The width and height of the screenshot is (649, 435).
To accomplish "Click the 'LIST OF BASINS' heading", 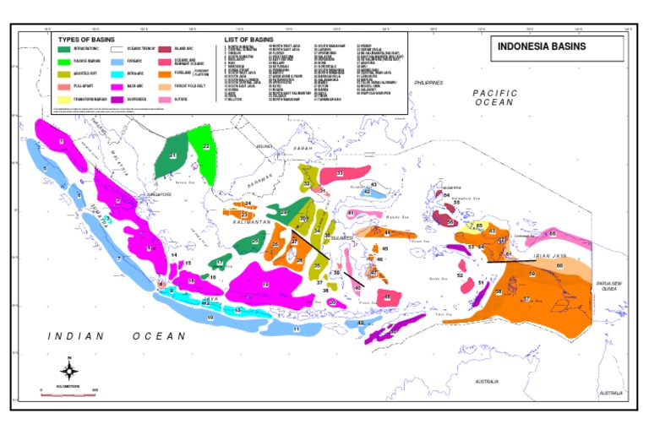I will point(249,40).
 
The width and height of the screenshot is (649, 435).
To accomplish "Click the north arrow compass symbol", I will point(70,369).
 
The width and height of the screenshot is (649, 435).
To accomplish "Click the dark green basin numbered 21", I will point(172,155).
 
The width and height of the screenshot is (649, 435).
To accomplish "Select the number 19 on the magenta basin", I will point(265,285).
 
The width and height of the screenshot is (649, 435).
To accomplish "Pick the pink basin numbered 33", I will point(338,173).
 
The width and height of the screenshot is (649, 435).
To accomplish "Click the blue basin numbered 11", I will point(287,328).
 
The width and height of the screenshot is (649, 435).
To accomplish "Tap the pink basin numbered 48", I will point(387,296).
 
